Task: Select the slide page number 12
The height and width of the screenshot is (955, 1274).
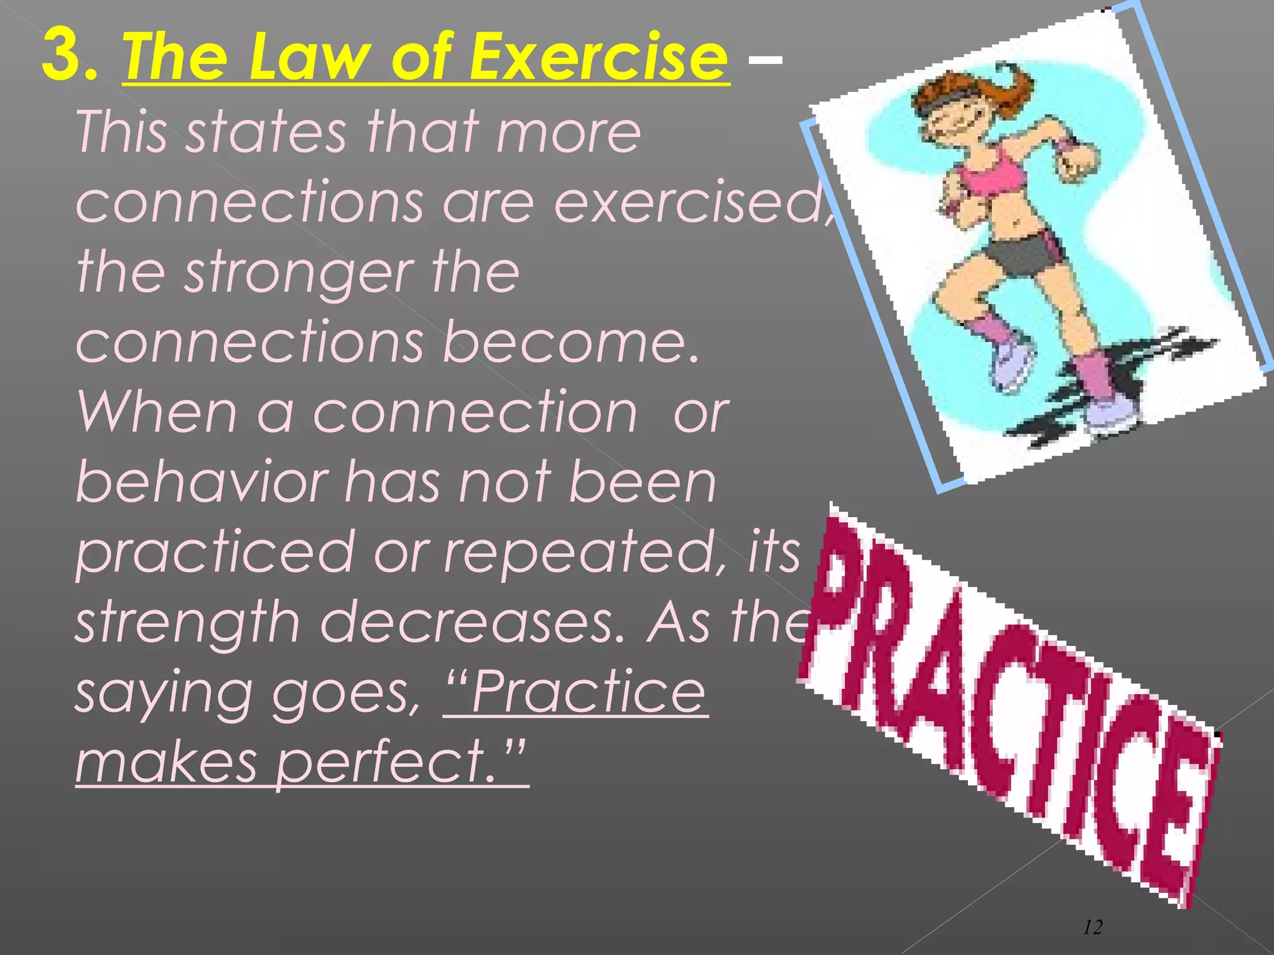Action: (x=1093, y=928)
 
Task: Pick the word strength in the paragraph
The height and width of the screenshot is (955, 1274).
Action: (x=187, y=623)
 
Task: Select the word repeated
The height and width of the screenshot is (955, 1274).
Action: (x=582, y=553)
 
